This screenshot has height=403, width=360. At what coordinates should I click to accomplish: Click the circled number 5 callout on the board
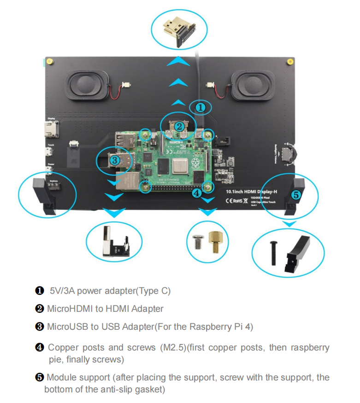click(x=295, y=195)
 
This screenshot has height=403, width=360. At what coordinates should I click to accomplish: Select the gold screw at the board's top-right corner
click(x=289, y=62)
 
